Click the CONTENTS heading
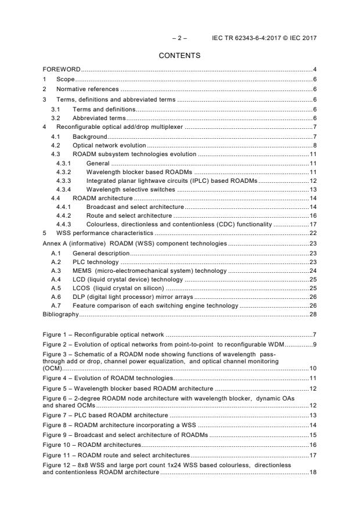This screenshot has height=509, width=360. [x=180, y=56]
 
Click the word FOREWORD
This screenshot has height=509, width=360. [x=62, y=70]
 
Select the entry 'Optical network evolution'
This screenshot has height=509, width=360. [x=109, y=145]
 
